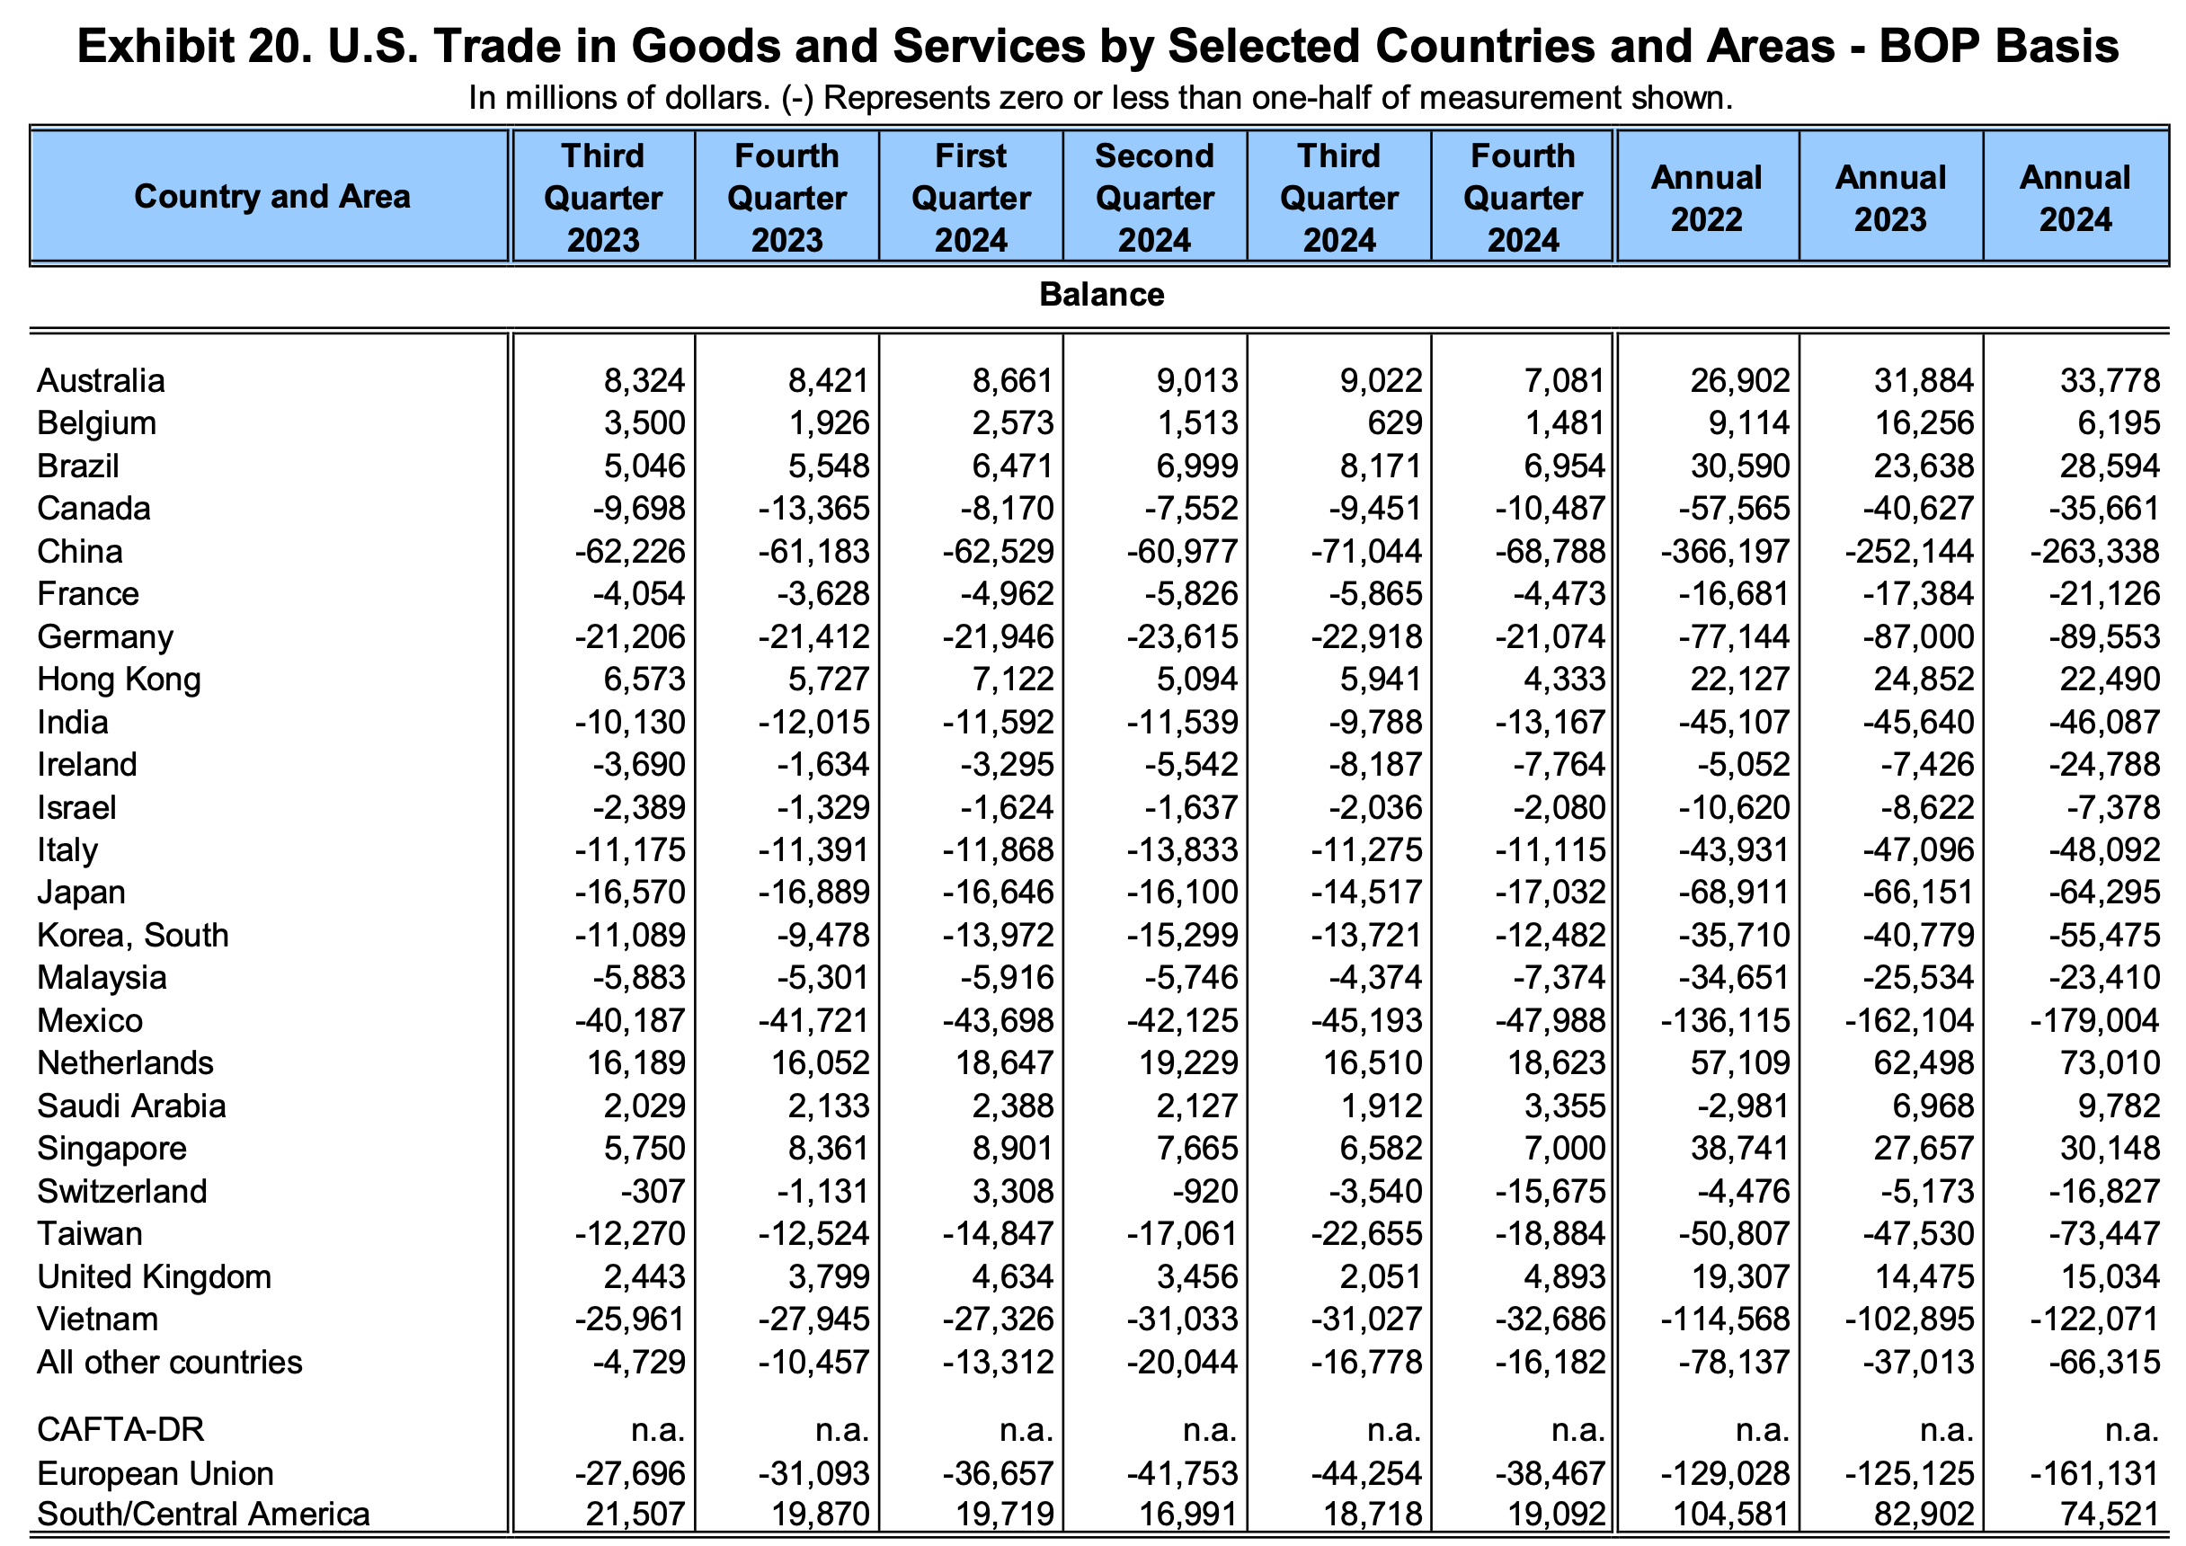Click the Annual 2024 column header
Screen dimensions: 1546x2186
point(2075,198)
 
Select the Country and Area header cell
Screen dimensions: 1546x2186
point(271,196)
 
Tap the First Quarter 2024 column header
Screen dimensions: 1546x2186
point(970,198)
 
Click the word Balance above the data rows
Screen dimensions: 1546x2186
point(1102,294)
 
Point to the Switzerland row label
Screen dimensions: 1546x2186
point(122,1191)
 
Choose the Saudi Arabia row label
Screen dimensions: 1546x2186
point(131,1106)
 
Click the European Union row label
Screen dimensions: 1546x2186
point(156,1474)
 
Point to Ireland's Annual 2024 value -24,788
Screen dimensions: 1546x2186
point(2104,764)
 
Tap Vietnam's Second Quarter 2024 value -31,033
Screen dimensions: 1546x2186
point(1183,1319)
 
